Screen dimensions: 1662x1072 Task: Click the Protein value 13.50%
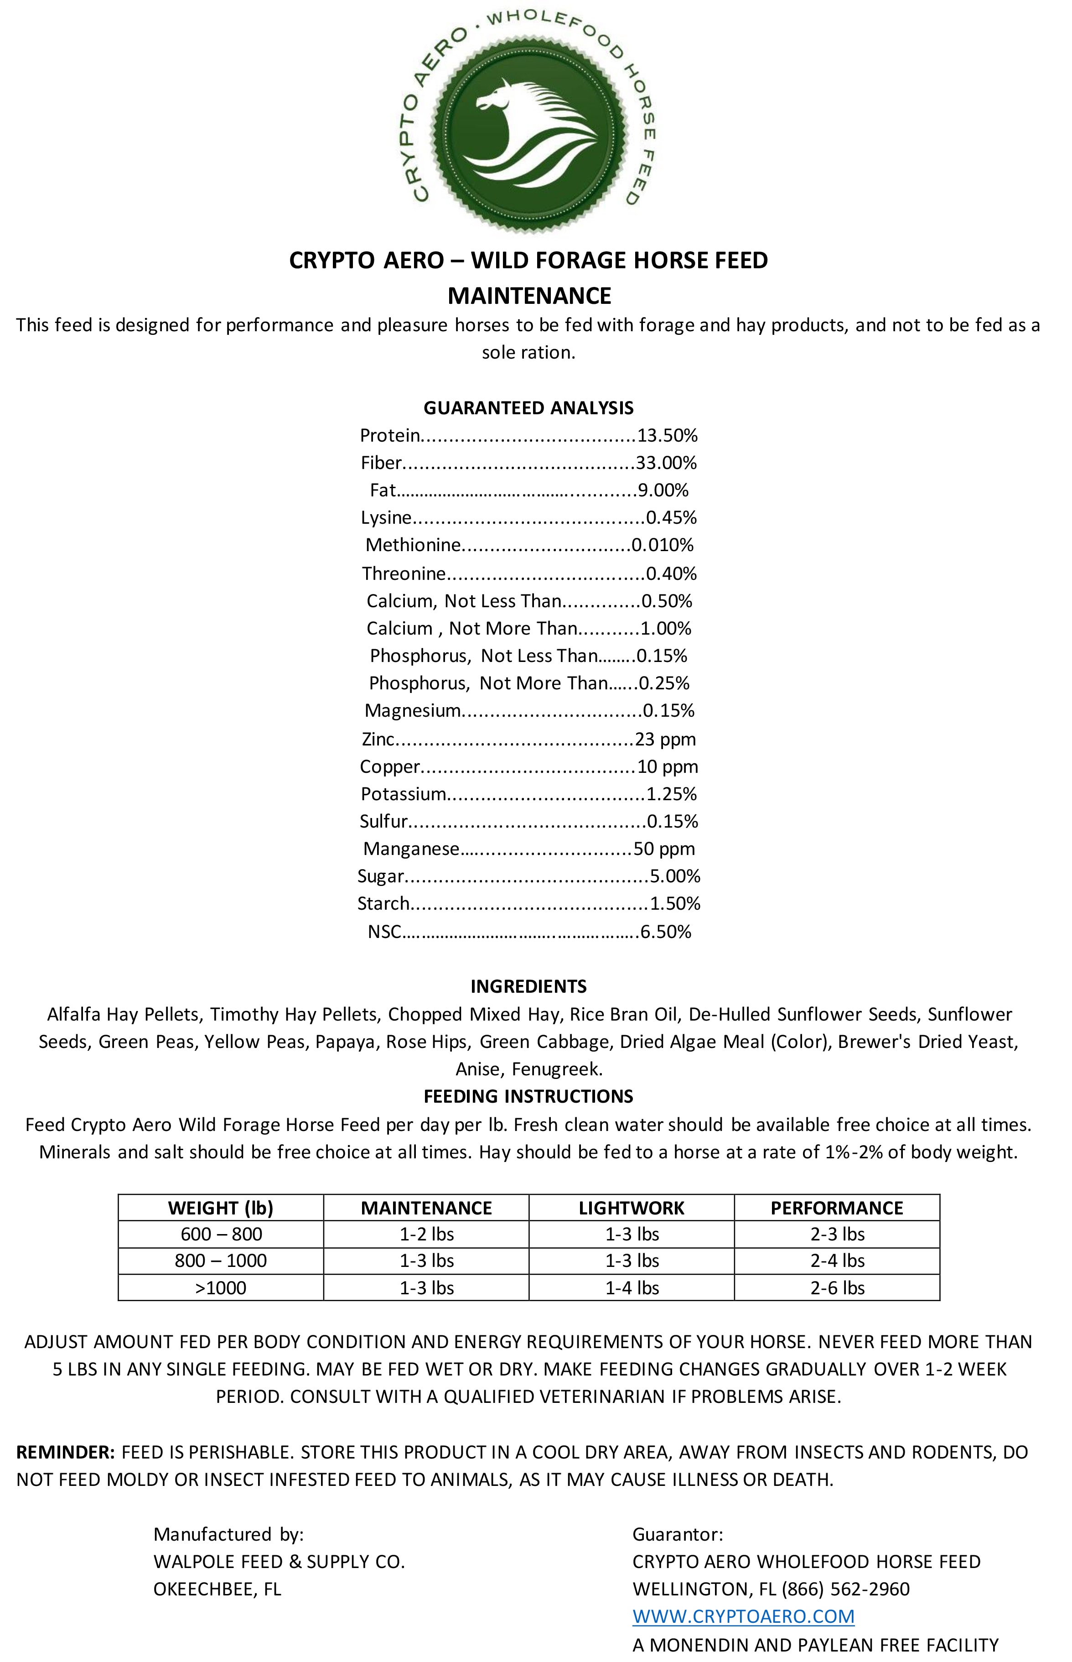pos(667,436)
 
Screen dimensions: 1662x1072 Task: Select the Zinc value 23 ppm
pos(665,740)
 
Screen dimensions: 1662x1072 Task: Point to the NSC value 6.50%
pos(665,933)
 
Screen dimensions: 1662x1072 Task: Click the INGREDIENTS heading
pos(528,987)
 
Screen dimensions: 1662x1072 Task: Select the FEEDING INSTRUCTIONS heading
pos(528,1097)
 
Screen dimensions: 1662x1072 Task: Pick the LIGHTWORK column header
pos(632,1208)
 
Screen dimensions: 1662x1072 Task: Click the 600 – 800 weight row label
pos(221,1235)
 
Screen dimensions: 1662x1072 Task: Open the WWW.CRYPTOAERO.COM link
pos(743,1616)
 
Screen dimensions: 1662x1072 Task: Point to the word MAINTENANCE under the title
pos(529,296)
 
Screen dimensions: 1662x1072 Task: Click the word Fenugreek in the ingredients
pos(557,1069)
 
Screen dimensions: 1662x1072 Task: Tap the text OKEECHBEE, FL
pos(217,1589)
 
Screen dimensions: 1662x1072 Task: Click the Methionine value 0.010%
pos(662,545)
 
